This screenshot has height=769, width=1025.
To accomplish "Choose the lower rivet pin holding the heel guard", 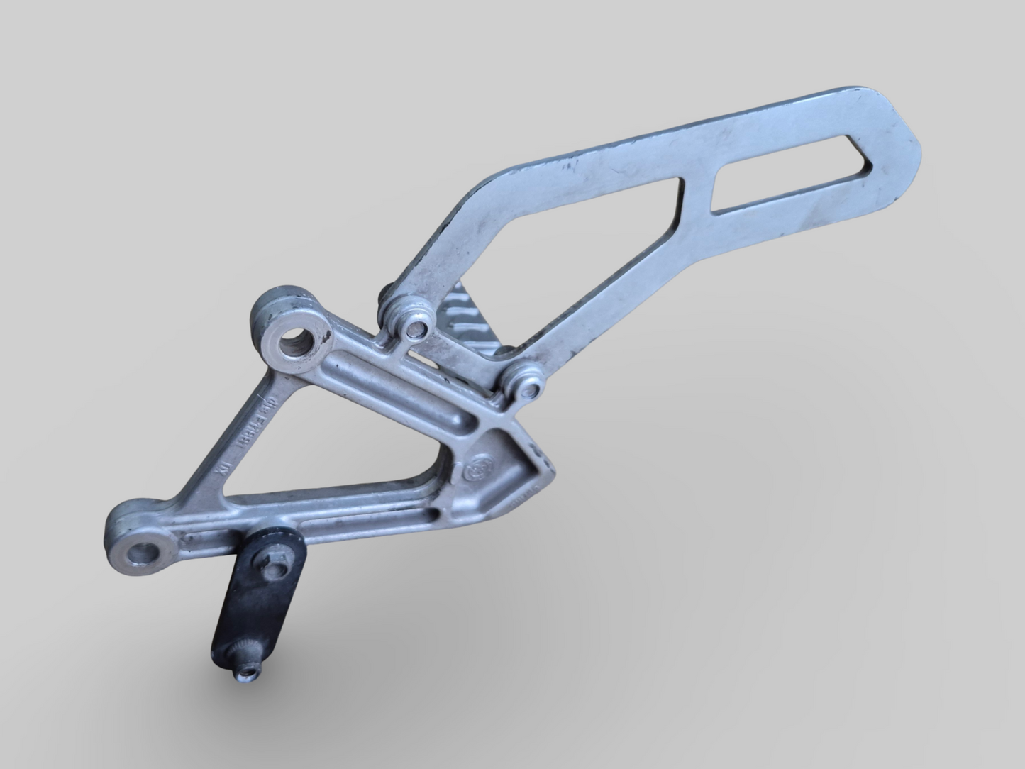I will pyautogui.click(x=527, y=387).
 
